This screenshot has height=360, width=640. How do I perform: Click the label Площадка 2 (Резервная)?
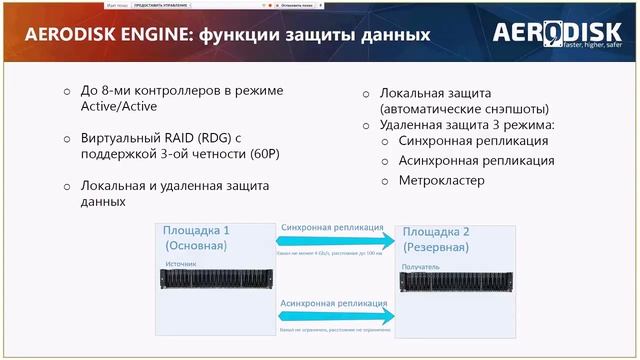point(449,237)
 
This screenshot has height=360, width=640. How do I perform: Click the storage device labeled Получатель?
point(457,284)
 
